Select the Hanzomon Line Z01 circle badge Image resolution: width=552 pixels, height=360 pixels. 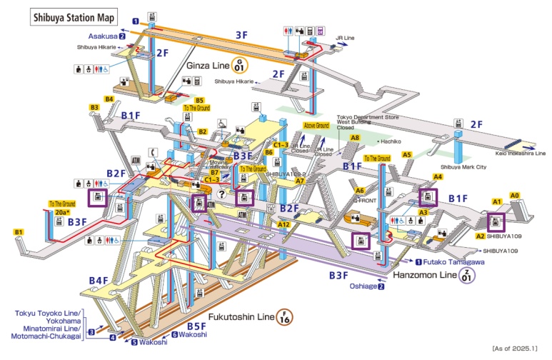pos(466,274)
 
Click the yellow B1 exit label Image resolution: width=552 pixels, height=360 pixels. pos(19,232)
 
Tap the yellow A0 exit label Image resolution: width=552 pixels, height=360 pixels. pos(515,194)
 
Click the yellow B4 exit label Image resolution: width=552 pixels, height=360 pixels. pos(109,99)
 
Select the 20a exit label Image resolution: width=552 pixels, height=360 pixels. pos(61,212)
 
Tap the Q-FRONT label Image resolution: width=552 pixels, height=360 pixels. pos(366,201)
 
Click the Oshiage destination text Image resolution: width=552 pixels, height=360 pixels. pos(363,286)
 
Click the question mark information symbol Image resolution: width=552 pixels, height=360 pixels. pos(222,194)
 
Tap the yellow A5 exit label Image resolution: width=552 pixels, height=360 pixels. pos(407,154)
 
